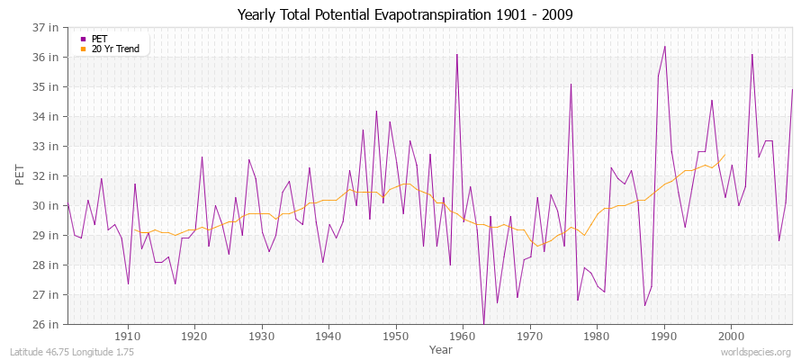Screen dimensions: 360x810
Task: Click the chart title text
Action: click(x=405, y=14)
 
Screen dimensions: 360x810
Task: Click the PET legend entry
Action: click(x=99, y=39)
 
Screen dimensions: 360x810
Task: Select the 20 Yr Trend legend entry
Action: click(x=115, y=49)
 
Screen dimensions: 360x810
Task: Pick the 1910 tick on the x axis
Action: click(x=128, y=337)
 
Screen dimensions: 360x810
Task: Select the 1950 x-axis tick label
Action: click(x=395, y=337)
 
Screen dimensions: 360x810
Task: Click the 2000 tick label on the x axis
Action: click(x=730, y=337)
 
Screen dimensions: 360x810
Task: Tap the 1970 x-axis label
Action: click(x=529, y=337)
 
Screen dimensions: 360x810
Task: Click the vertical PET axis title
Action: click(x=21, y=175)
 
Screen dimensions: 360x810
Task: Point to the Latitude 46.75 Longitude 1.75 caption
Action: click(x=72, y=352)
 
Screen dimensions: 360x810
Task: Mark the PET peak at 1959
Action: click(x=457, y=55)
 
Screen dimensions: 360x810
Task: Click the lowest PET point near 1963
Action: click(x=483, y=324)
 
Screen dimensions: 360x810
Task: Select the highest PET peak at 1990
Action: click(x=664, y=46)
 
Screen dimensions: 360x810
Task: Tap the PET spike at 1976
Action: click(x=571, y=84)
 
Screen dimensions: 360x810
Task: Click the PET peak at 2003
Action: click(x=751, y=55)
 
